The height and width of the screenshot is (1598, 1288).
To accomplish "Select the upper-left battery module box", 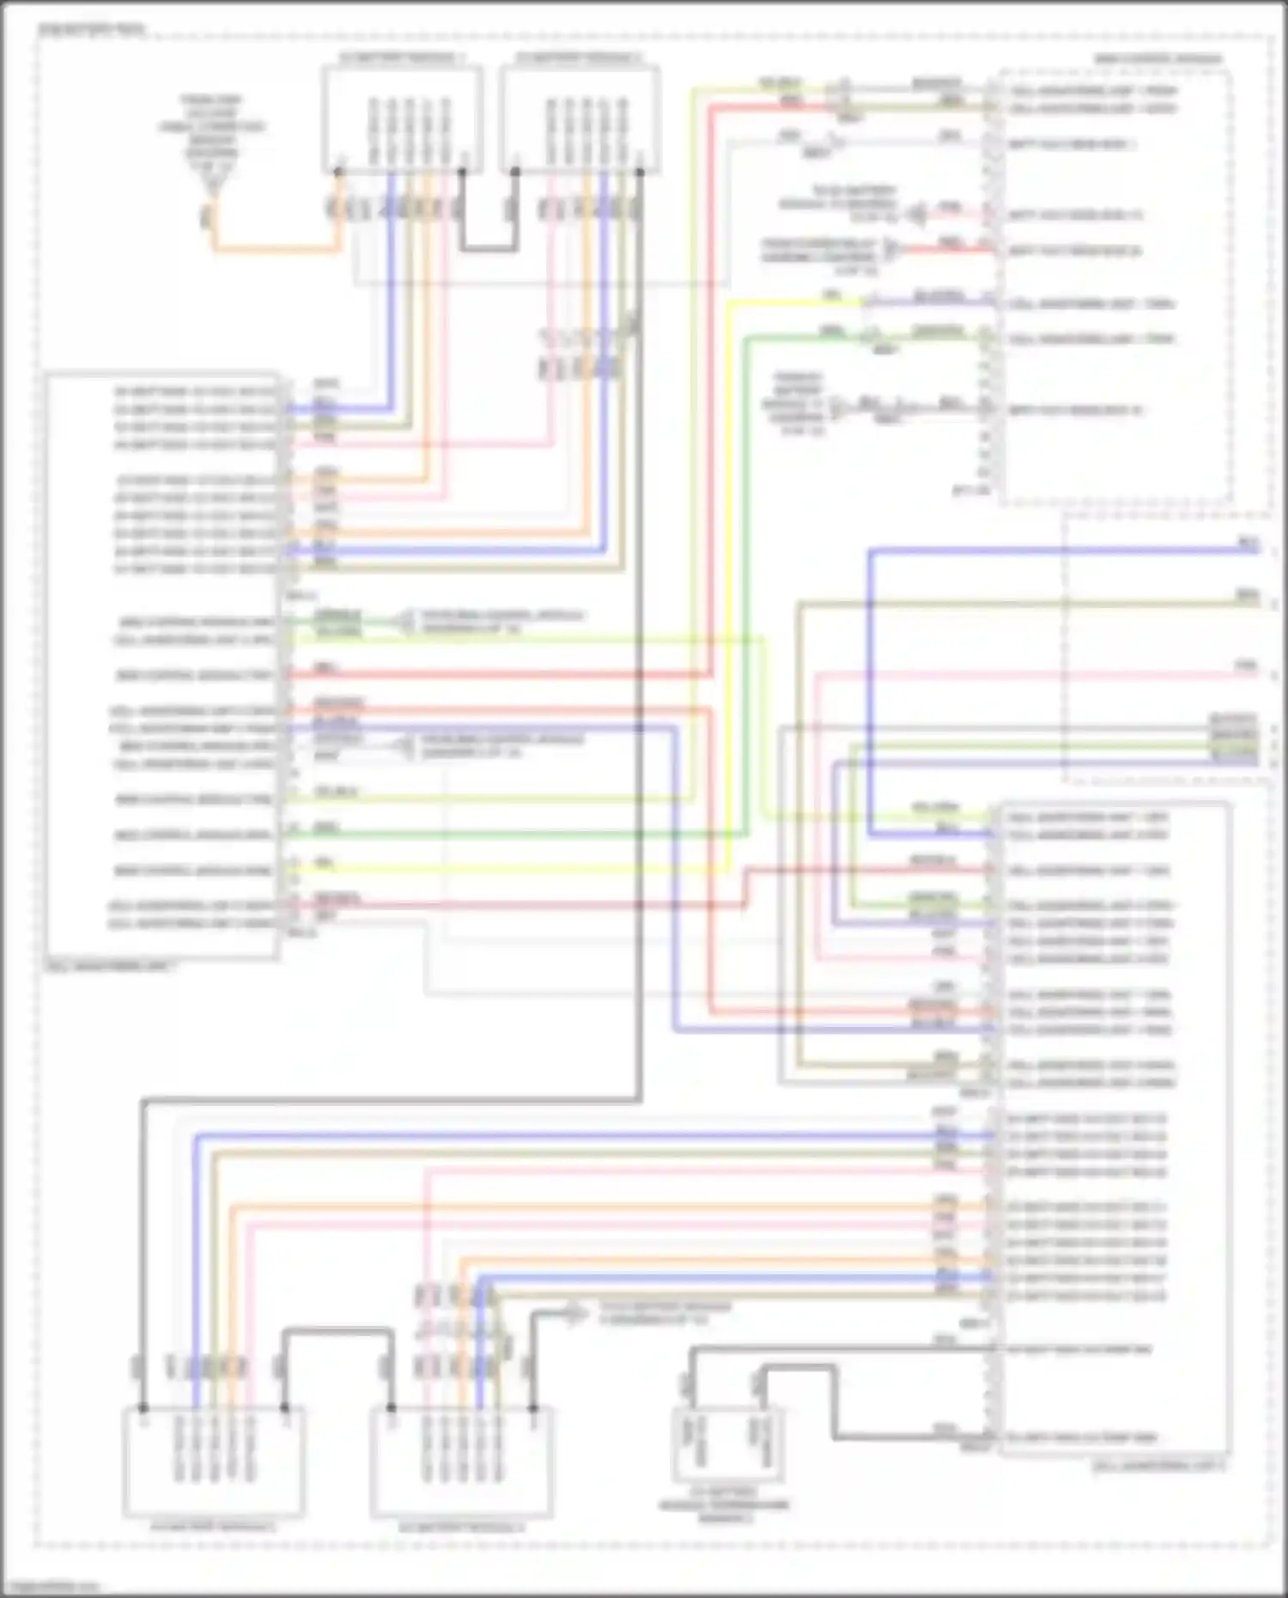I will [x=402, y=120].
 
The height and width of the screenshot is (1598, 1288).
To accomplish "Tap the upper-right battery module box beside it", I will [x=580, y=120].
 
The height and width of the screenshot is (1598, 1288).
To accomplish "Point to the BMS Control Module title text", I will [x=1159, y=59].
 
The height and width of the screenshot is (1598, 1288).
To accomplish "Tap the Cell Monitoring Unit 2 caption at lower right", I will [x=1159, y=1466].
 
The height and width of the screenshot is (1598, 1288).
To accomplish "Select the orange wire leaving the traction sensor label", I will [x=275, y=250].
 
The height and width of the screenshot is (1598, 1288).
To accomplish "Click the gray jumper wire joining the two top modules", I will [x=489, y=249].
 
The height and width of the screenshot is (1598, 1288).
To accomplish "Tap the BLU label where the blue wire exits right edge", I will [x=1248, y=543].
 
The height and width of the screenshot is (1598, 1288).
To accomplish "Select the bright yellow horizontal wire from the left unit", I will [x=515, y=870].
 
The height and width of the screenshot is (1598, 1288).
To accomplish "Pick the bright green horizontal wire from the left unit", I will [x=515, y=835].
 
